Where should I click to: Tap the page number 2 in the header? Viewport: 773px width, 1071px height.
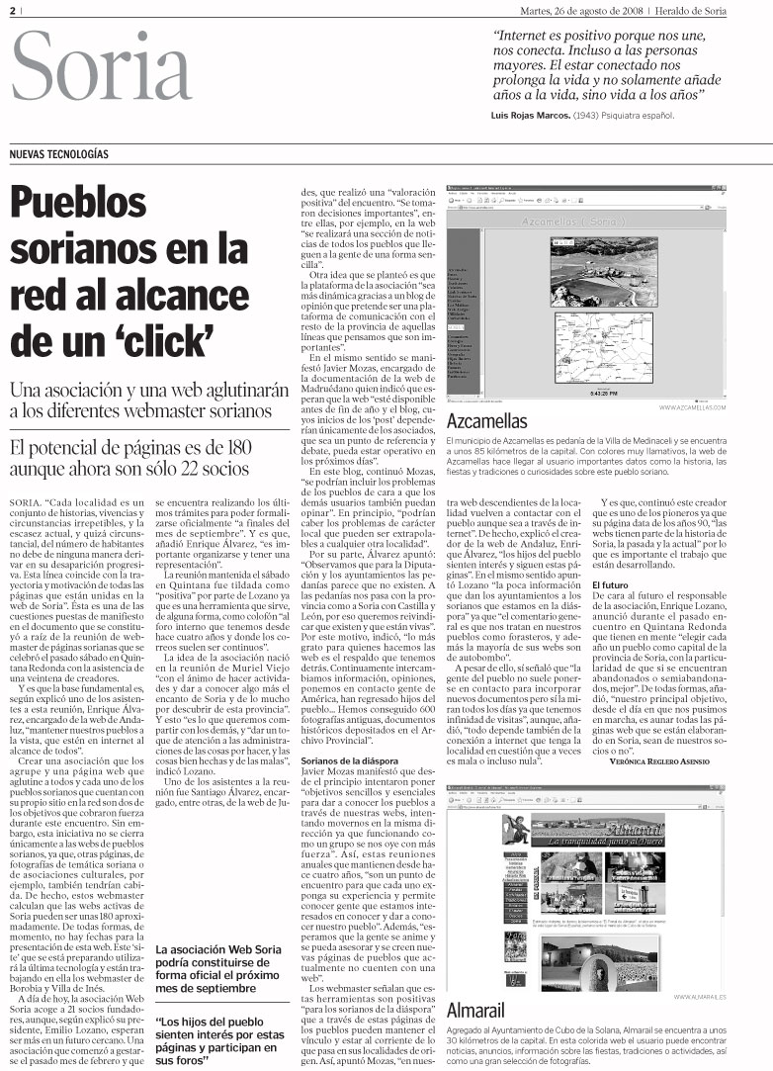coord(13,11)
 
